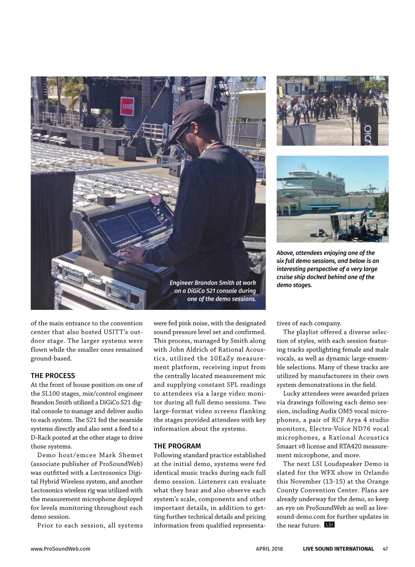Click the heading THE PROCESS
53,376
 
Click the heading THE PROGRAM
177,446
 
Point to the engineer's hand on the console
131,255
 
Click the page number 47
385,549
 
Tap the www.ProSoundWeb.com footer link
61,549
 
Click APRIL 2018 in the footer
269,549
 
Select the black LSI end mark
329,525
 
